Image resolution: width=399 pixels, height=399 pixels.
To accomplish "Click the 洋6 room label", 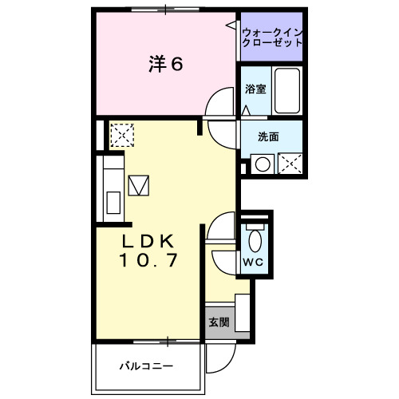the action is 166,64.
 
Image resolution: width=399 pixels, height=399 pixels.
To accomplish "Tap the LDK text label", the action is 148,241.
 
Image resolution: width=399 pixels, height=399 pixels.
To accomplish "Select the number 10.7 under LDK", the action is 148,260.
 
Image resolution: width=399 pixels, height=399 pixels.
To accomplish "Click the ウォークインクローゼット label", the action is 272,38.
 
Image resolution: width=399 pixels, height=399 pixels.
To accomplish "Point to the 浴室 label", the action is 255,89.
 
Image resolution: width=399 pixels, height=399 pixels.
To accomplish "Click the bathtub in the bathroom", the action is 287,90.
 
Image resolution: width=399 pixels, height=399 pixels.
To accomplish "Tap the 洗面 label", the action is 268,136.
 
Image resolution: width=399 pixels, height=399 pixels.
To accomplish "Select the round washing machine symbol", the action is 263,164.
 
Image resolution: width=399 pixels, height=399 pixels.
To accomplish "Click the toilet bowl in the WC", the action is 255,241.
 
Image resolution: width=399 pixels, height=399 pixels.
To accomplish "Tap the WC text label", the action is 253,263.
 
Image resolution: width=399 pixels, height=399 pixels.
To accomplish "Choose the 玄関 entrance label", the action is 219,322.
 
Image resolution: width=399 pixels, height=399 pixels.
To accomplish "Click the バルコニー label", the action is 146,366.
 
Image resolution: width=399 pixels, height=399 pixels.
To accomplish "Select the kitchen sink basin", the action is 113,203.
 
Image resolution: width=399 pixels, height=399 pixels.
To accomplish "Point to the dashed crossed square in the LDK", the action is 122,135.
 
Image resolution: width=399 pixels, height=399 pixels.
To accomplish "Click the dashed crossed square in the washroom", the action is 290,164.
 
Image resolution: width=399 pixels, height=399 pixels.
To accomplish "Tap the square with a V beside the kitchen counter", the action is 139,186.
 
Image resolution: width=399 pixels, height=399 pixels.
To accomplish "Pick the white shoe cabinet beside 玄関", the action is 243,313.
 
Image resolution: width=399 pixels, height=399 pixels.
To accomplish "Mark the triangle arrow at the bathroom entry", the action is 247,110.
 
